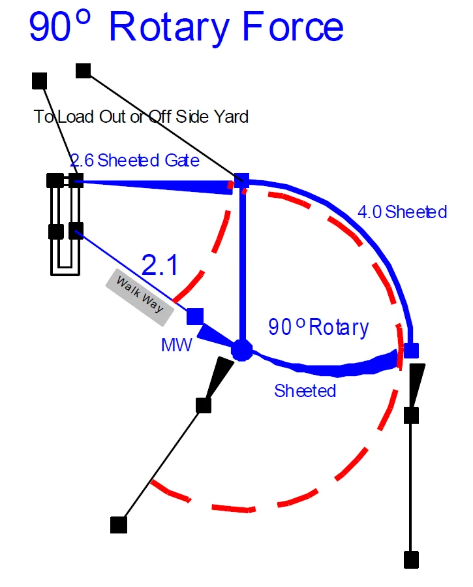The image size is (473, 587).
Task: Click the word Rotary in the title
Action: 169,27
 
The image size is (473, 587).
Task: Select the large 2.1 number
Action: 159,265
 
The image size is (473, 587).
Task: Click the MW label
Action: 176,345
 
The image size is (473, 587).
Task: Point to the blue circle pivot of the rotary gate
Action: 242,350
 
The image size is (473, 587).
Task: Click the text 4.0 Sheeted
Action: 402,212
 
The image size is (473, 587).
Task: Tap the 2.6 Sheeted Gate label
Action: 135,160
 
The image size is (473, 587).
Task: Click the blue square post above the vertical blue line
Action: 242,181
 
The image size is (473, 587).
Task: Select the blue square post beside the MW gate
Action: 195,317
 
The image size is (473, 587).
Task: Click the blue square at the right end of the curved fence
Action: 411,351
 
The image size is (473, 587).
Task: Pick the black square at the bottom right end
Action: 411,560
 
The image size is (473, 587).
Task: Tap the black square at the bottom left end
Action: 119,524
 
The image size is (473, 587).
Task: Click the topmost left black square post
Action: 40,81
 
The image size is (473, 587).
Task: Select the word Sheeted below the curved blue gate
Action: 305,390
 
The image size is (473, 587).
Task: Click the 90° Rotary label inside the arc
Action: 318,326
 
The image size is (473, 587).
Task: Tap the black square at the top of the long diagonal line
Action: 84,71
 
